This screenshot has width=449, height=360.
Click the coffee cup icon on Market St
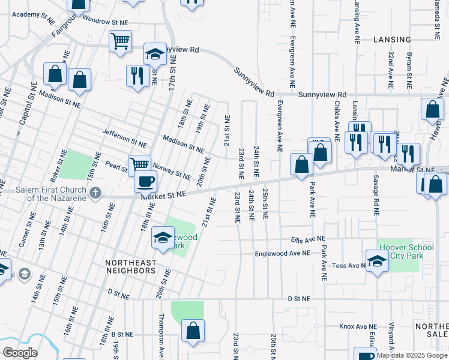(x=146, y=181)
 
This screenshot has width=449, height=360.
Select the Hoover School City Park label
(x=401, y=251)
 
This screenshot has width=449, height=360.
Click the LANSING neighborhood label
(x=392, y=40)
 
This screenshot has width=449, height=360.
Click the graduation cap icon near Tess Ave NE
(x=377, y=262)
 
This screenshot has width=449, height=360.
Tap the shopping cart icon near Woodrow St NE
(x=120, y=41)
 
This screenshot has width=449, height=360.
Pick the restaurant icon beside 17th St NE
(x=138, y=75)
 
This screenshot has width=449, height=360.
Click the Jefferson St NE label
(x=124, y=137)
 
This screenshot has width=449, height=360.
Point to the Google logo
(x=20, y=353)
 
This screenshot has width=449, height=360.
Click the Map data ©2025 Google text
(x=412, y=355)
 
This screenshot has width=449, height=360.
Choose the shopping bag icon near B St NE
(x=193, y=330)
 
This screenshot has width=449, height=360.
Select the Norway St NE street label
(x=172, y=169)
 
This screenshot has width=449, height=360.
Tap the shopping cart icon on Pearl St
(x=139, y=164)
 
